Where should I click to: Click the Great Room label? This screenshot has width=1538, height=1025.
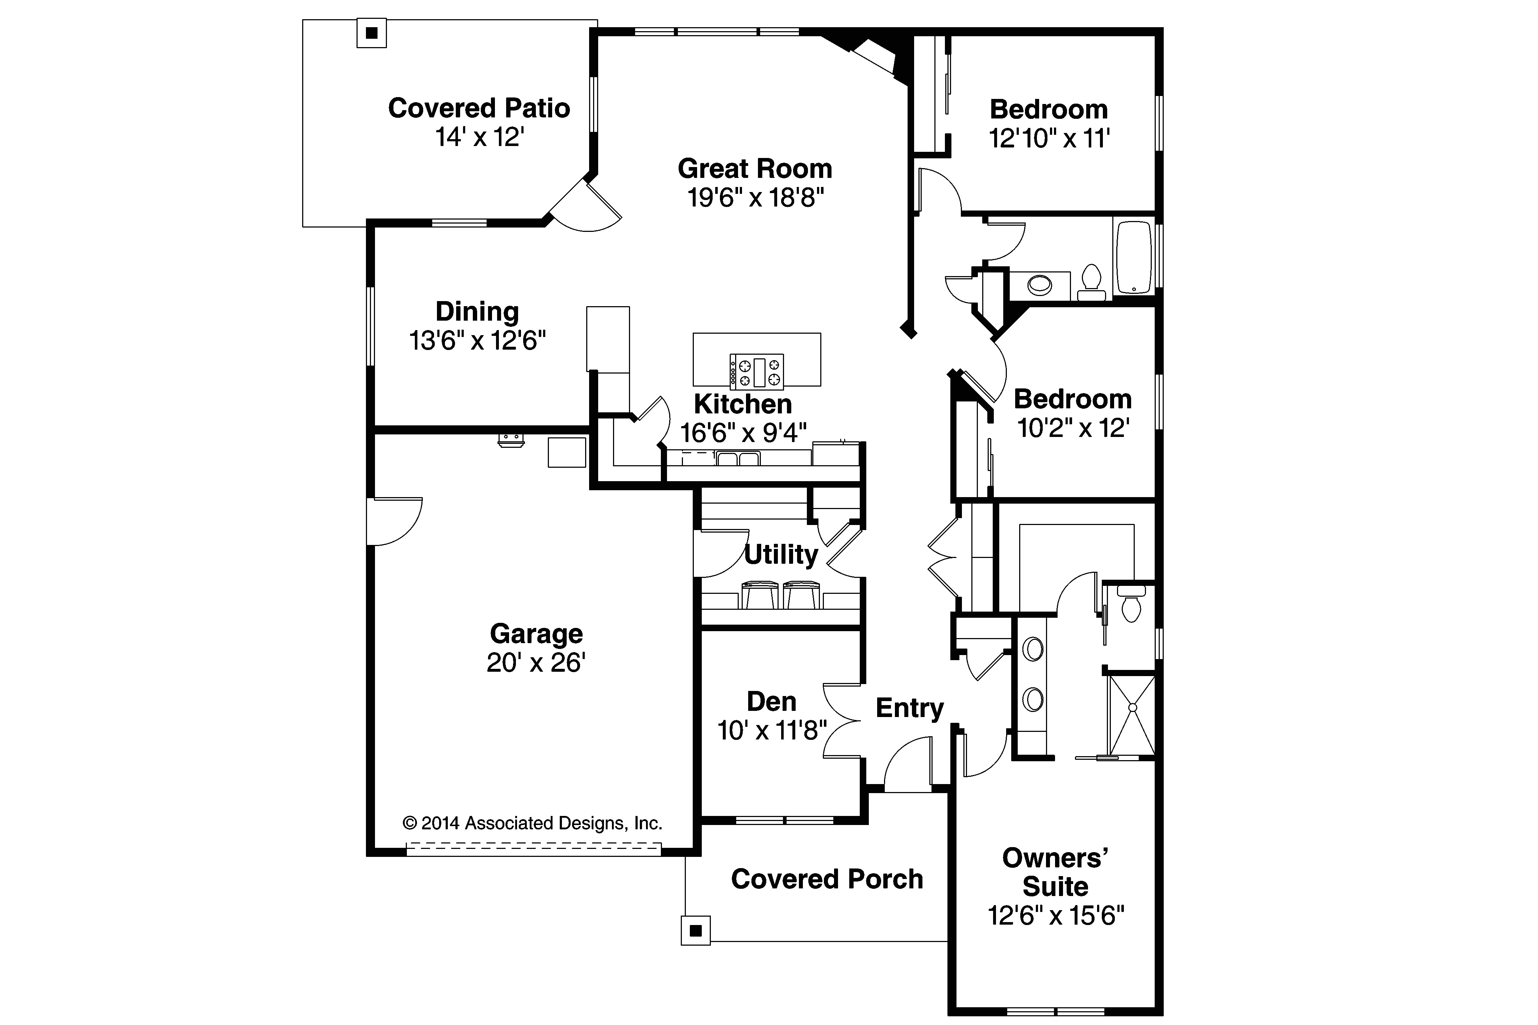755,168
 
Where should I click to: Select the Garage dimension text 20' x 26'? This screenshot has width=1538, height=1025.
535,663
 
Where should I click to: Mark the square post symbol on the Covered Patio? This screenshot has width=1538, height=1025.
371,33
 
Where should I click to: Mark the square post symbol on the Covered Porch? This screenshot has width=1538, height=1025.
696,930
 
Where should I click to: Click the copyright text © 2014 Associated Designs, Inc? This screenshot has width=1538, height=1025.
532,823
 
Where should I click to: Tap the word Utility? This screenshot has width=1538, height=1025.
781,555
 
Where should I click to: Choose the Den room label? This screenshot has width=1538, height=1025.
772,701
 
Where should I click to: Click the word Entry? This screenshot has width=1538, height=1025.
910,708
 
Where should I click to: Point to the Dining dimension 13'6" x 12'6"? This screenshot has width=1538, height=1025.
477,341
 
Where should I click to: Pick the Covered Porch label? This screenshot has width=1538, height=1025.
827,879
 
